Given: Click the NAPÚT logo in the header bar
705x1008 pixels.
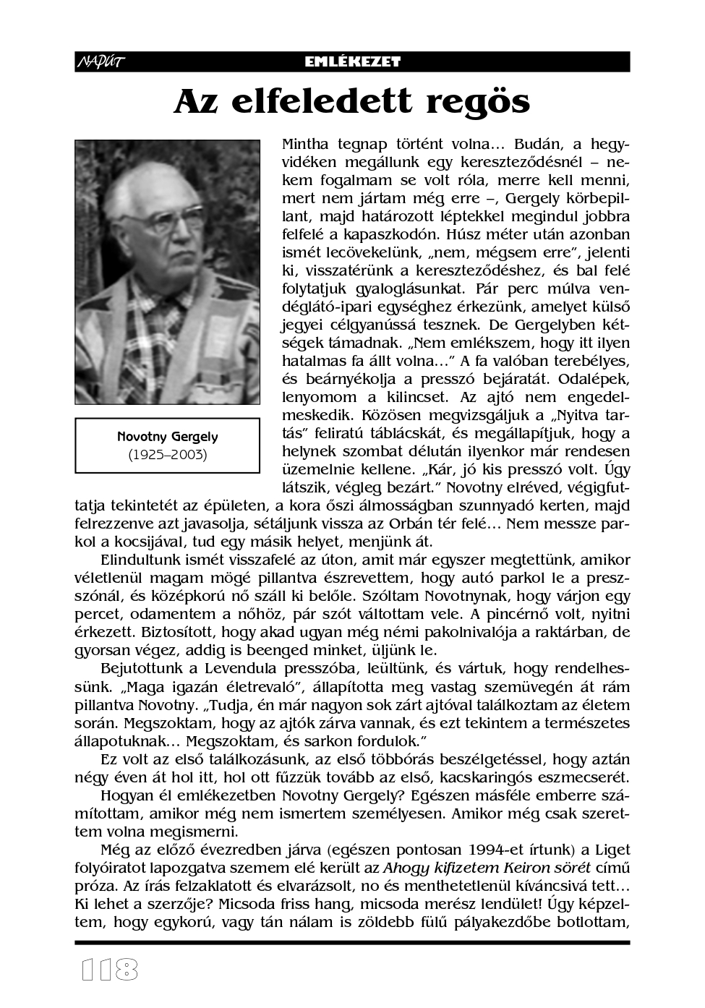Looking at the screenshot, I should pyautogui.click(x=101, y=62).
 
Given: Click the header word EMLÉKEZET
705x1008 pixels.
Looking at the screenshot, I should pyautogui.click(x=352, y=62).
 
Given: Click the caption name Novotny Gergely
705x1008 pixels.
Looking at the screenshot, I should pyautogui.click(x=167, y=437).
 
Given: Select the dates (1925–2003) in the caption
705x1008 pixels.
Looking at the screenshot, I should pyautogui.click(x=167, y=455).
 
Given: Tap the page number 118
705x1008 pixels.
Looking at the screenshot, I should pyautogui.click(x=109, y=970).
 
